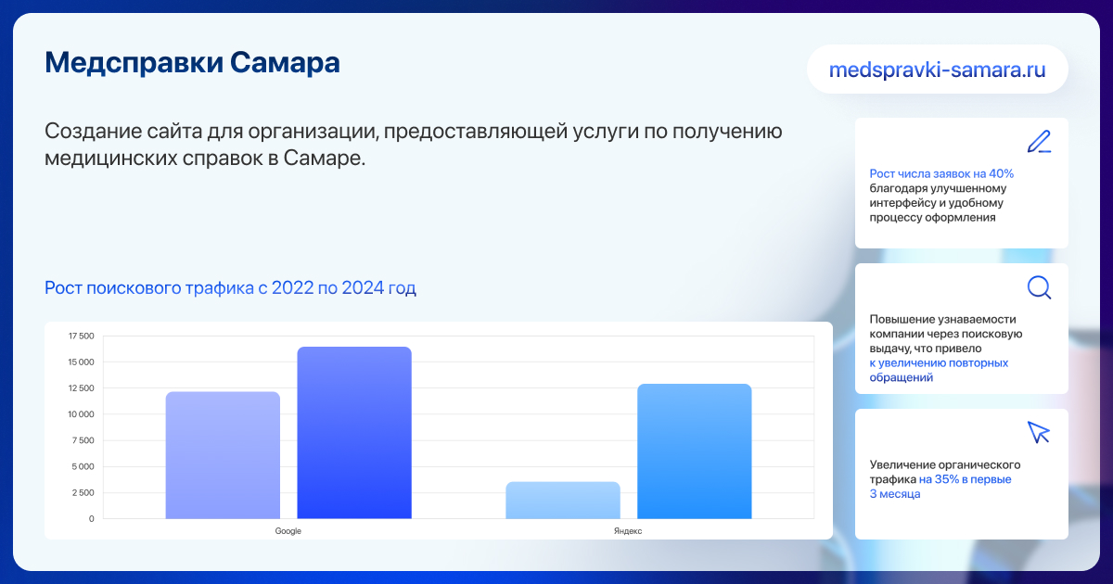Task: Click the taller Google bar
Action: [354, 433]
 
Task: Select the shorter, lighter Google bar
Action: [223, 455]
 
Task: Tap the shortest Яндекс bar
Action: [563, 500]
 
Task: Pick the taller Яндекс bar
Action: [695, 451]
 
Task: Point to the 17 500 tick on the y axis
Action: [81, 336]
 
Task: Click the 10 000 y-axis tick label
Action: [81, 414]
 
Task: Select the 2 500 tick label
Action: [83, 492]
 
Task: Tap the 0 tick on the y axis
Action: [92, 519]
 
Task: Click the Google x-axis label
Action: [288, 531]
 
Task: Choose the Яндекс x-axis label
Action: [628, 531]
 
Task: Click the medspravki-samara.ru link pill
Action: [938, 69]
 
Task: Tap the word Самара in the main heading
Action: [285, 63]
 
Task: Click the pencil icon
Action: [1039, 142]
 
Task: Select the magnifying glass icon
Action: [1039, 287]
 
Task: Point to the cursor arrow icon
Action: [1038, 433]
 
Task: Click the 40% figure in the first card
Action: [1001, 174]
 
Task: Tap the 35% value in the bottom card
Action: [947, 479]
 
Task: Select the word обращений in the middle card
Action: [902, 378]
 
